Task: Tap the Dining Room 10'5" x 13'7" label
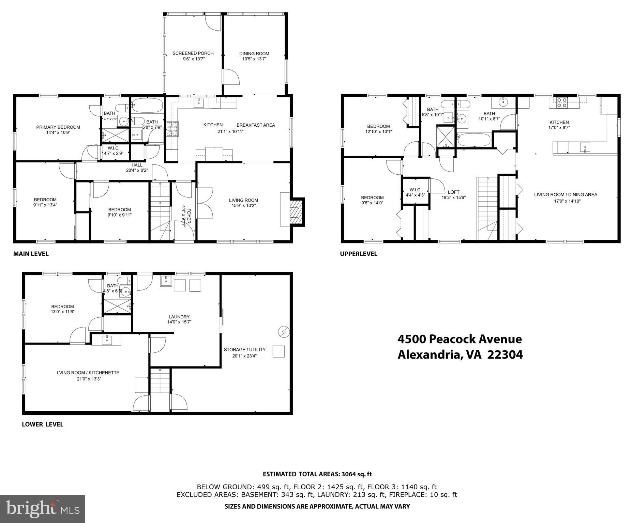click(x=254, y=56)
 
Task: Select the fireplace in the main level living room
click(x=295, y=212)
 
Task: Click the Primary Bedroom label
click(x=58, y=127)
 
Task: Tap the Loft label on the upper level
click(x=454, y=192)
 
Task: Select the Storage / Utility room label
click(x=244, y=350)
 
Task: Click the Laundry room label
click(x=179, y=317)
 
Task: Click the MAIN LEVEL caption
click(x=31, y=254)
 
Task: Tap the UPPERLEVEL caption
click(x=359, y=254)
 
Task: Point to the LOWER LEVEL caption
click(x=43, y=424)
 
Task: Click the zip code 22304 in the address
click(x=505, y=355)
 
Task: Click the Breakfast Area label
click(x=256, y=125)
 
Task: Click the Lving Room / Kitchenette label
click(x=88, y=373)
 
